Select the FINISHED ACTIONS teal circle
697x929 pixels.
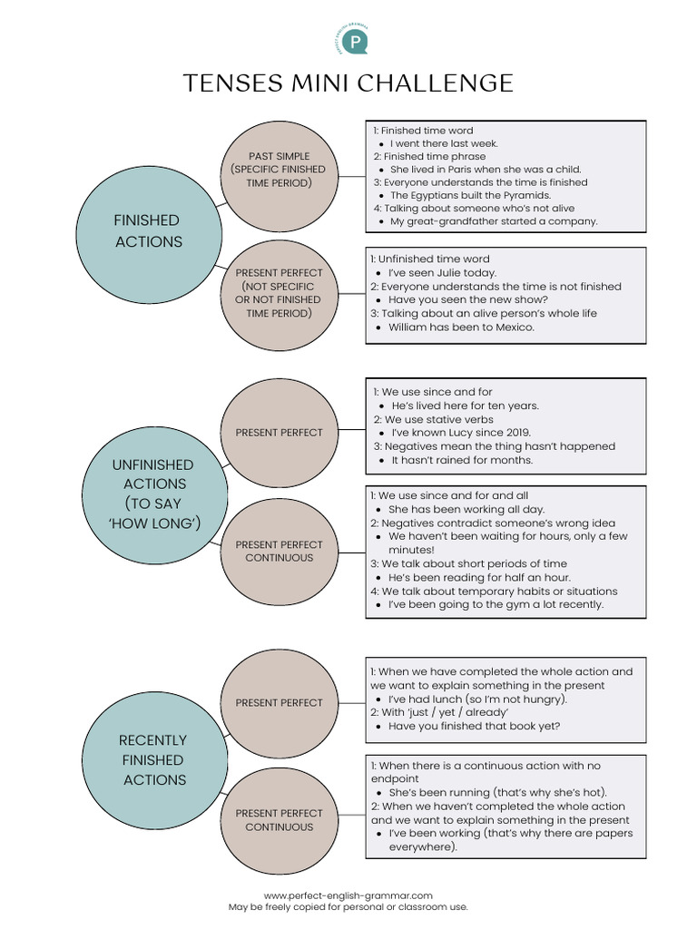click(147, 230)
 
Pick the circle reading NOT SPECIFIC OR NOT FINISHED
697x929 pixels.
click(278, 292)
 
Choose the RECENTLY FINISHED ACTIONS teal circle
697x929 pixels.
click(152, 759)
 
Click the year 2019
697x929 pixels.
click(515, 433)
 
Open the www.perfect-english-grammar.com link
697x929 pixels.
click(348, 895)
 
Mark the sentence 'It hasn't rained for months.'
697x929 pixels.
click(462, 460)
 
